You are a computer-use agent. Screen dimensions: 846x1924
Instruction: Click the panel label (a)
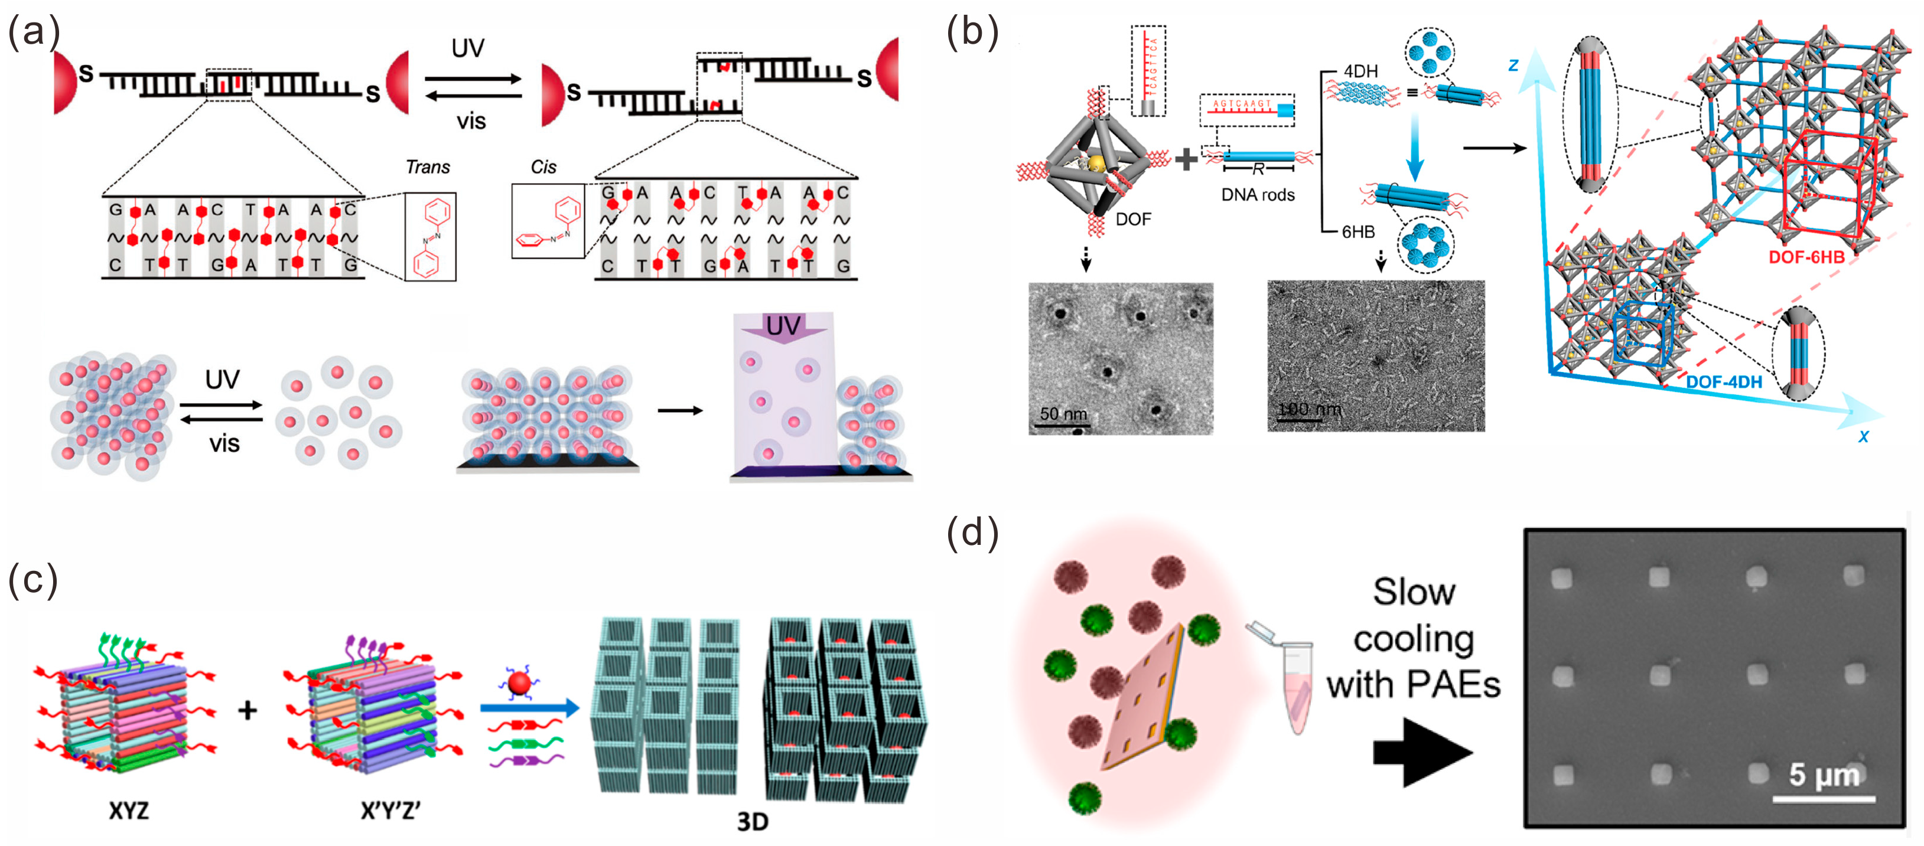[x=33, y=34]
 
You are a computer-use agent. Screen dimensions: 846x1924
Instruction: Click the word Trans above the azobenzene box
[x=427, y=166]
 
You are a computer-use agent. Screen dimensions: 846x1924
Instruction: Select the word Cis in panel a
[x=543, y=166]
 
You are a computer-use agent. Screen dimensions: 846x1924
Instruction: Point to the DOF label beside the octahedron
[x=1133, y=219]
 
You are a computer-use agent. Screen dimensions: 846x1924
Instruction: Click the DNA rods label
[x=1258, y=195]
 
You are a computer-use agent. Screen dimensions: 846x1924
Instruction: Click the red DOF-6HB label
[x=1806, y=257]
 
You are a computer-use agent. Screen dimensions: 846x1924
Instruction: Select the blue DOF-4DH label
[x=1724, y=383]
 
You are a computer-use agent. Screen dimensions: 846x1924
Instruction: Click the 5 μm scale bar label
[x=1823, y=775]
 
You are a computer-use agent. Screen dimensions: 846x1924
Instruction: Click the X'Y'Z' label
[x=390, y=810]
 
